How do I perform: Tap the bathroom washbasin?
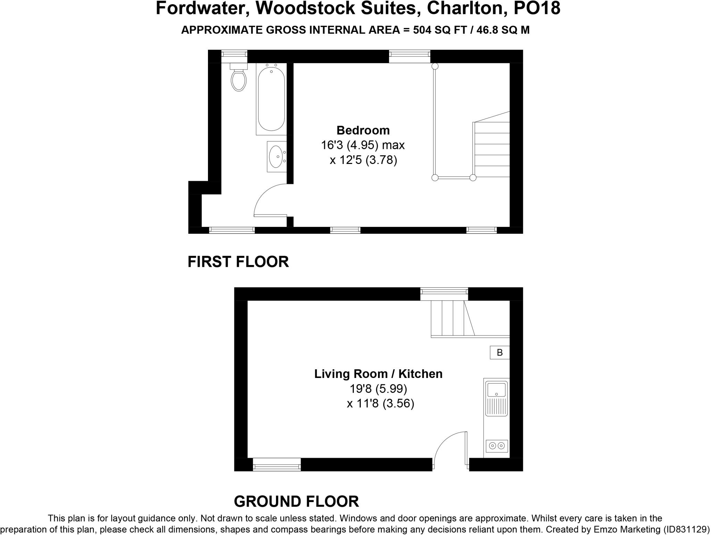tap(276, 156)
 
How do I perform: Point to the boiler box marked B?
tap(500, 353)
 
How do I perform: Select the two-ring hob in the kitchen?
tap(497, 445)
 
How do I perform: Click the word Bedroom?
tap(363, 130)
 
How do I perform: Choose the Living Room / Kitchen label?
tap(378, 374)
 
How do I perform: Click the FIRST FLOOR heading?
tap(238, 262)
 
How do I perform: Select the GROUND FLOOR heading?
tap(296, 501)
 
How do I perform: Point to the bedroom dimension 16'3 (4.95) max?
tap(363, 145)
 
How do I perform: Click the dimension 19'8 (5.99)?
tap(378, 388)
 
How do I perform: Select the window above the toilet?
tap(234, 55)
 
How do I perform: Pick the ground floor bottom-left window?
tap(277, 464)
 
